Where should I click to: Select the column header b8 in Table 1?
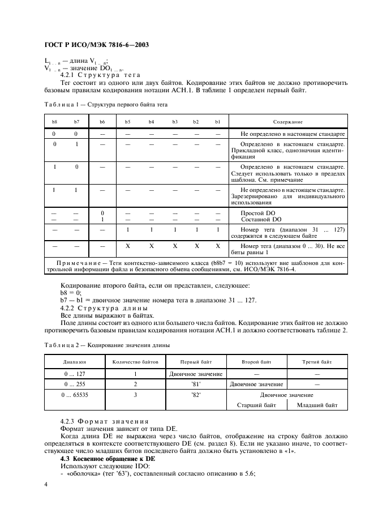pos(55,122)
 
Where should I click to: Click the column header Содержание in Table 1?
pos(287,122)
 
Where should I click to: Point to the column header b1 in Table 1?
pos(217,122)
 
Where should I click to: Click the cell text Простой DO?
pos(259,213)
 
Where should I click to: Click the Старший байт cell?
pos(256,405)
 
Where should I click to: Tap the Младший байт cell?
pos(317,405)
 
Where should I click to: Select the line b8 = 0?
pos(71,293)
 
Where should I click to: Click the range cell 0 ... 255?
pos(73,384)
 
